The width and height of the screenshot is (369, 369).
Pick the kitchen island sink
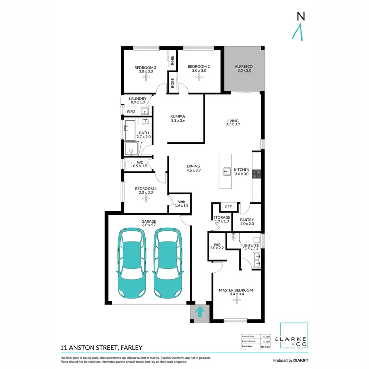pyautogui.click(x=227, y=172)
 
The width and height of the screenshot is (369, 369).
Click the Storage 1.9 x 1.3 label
pyautogui.click(x=222, y=219)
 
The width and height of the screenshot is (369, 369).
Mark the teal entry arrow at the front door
pyautogui.click(x=200, y=311)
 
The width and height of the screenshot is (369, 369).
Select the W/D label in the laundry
pyautogui.click(x=130, y=112)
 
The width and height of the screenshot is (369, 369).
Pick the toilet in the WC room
pyautogui.click(x=127, y=165)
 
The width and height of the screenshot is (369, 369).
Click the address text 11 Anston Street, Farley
pyautogui.click(x=101, y=348)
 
